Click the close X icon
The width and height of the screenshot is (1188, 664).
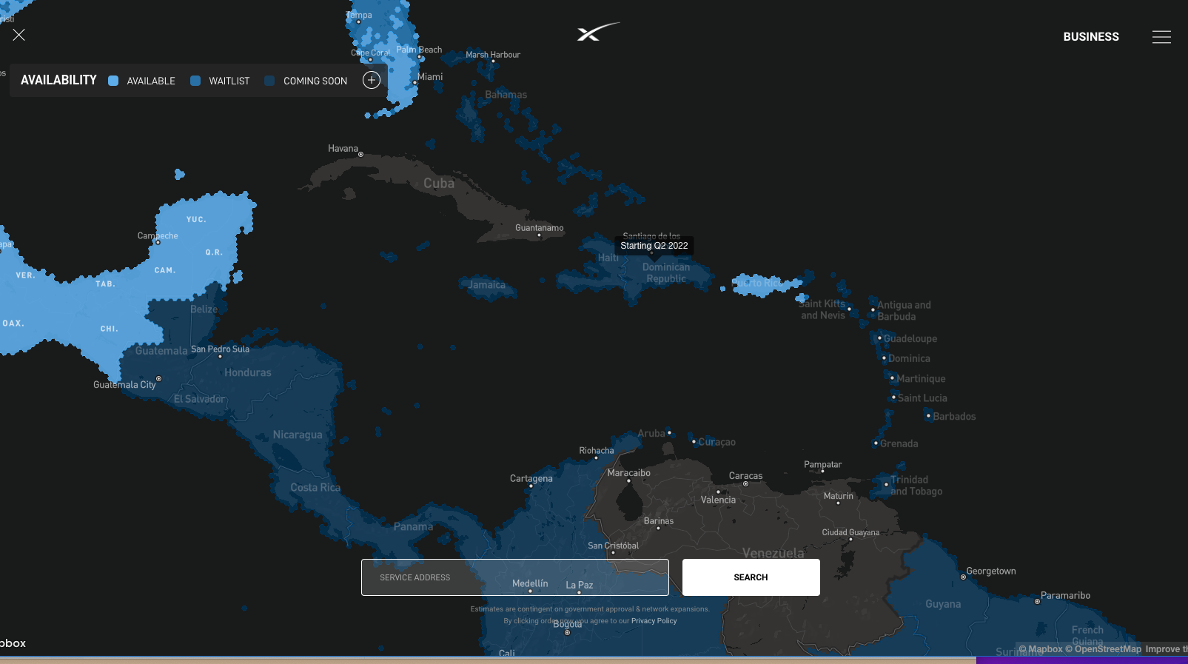pos(19,35)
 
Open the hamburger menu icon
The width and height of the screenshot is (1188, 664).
pos(1161,37)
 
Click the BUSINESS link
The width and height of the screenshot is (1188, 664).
pos(1091,37)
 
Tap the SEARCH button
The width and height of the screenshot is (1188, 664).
pos(751,577)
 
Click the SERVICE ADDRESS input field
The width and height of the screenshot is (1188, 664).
pos(514,577)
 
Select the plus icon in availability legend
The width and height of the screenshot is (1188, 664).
pos(372,80)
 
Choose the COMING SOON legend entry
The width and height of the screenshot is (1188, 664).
pos(306,81)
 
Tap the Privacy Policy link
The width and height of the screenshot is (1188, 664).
pos(654,621)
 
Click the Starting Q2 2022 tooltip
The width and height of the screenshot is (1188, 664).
pos(654,246)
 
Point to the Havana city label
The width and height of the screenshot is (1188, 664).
pos(343,149)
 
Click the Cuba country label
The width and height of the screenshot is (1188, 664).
pos(439,184)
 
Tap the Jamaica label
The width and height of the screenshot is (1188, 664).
pos(487,285)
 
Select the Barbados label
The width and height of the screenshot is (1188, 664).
pos(954,417)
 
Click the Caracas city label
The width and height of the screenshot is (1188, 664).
pos(745,476)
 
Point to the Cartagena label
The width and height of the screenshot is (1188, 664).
pos(531,478)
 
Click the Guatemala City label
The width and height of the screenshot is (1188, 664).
pos(124,385)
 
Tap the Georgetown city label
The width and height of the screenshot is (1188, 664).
pos(991,571)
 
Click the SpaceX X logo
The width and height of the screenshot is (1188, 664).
pos(597,32)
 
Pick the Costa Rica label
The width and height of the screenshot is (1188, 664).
pos(315,488)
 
